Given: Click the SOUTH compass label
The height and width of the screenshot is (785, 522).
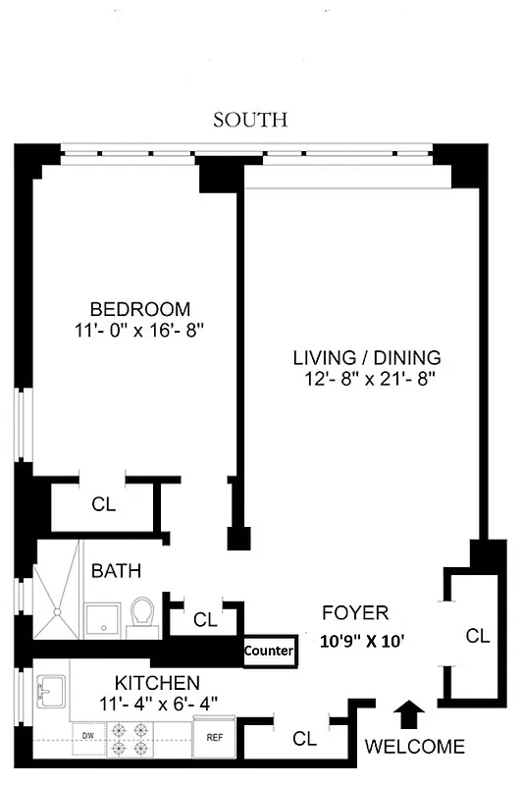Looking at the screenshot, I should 250,120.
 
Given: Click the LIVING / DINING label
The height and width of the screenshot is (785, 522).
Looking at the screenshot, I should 368,357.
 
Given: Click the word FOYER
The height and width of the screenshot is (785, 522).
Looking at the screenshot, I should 355,613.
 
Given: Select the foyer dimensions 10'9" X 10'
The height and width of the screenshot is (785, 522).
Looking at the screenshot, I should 363,642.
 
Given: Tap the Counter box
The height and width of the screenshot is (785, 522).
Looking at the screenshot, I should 269,651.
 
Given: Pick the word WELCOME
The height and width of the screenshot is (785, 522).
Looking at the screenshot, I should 414,747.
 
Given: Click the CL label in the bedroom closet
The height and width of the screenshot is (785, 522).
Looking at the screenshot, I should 103,505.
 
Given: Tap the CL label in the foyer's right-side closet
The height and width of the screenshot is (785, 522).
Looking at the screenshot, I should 477,636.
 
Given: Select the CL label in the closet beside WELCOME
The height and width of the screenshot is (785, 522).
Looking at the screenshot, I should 304,737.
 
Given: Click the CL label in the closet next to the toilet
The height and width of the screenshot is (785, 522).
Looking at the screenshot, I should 204,620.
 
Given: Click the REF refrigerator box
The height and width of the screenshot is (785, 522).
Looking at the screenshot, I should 213,735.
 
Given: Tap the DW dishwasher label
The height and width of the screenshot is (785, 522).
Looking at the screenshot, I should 87,735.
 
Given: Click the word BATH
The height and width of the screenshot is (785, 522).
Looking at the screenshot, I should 117,570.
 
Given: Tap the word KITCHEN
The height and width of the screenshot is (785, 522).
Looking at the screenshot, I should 158,682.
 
